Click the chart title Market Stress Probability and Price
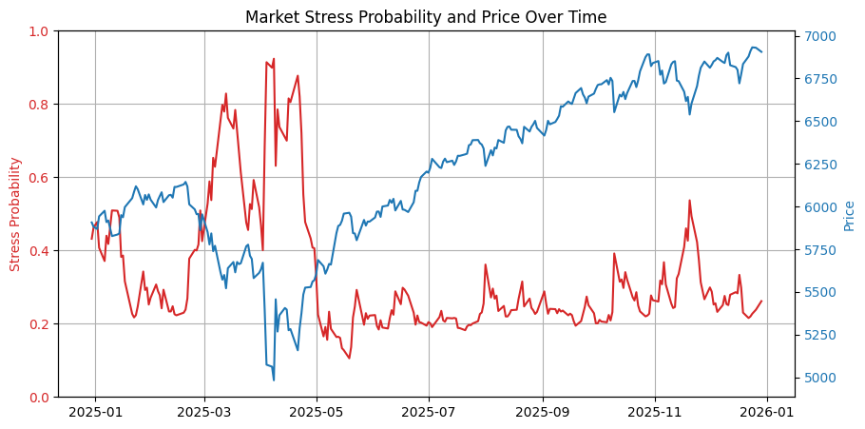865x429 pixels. coord(426,17)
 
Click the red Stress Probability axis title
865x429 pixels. coord(15,214)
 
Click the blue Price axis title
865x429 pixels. coord(849,215)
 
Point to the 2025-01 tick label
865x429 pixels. coord(94,412)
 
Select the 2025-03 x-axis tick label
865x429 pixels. coord(204,412)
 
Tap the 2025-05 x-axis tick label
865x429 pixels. coord(317,412)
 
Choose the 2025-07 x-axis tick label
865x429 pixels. coord(429,412)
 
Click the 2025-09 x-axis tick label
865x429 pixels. coord(543,412)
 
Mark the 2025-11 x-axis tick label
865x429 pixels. coord(655,412)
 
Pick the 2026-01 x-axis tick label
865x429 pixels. coord(767,412)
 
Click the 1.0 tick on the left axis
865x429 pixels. coord(39,31)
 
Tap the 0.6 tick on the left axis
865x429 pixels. coord(39,178)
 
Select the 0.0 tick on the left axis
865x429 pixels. coord(39,398)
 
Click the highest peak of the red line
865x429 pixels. coord(274,59)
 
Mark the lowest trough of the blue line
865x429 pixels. coord(274,380)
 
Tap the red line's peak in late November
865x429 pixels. coord(689,200)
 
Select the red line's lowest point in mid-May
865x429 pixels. coord(349,359)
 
